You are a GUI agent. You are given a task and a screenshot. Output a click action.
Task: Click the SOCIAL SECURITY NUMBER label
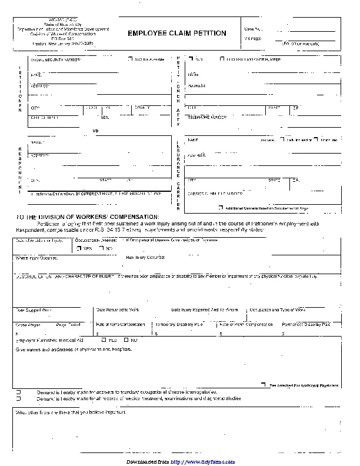(x=55, y=60)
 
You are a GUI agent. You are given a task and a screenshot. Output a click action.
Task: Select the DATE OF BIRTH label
(x=45, y=117)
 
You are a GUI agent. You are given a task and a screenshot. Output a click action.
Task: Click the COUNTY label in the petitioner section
(x=142, y=108)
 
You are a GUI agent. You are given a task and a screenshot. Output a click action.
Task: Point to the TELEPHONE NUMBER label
(x=207, y=117)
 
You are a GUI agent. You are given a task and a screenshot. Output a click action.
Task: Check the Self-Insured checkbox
(x=282, y=140)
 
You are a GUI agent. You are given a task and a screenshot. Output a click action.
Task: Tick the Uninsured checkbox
(x=316, y=140)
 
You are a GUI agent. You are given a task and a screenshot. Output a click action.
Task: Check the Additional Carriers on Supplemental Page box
(x=221, y=208)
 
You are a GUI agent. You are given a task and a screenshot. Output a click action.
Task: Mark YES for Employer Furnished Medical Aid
(x=105, y=340)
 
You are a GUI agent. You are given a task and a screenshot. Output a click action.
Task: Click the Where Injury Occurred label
(x=36, y=258)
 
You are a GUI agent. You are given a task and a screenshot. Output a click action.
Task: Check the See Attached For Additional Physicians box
(x=265, y=385)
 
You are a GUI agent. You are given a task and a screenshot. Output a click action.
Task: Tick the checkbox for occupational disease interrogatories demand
(x=18, y=392)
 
